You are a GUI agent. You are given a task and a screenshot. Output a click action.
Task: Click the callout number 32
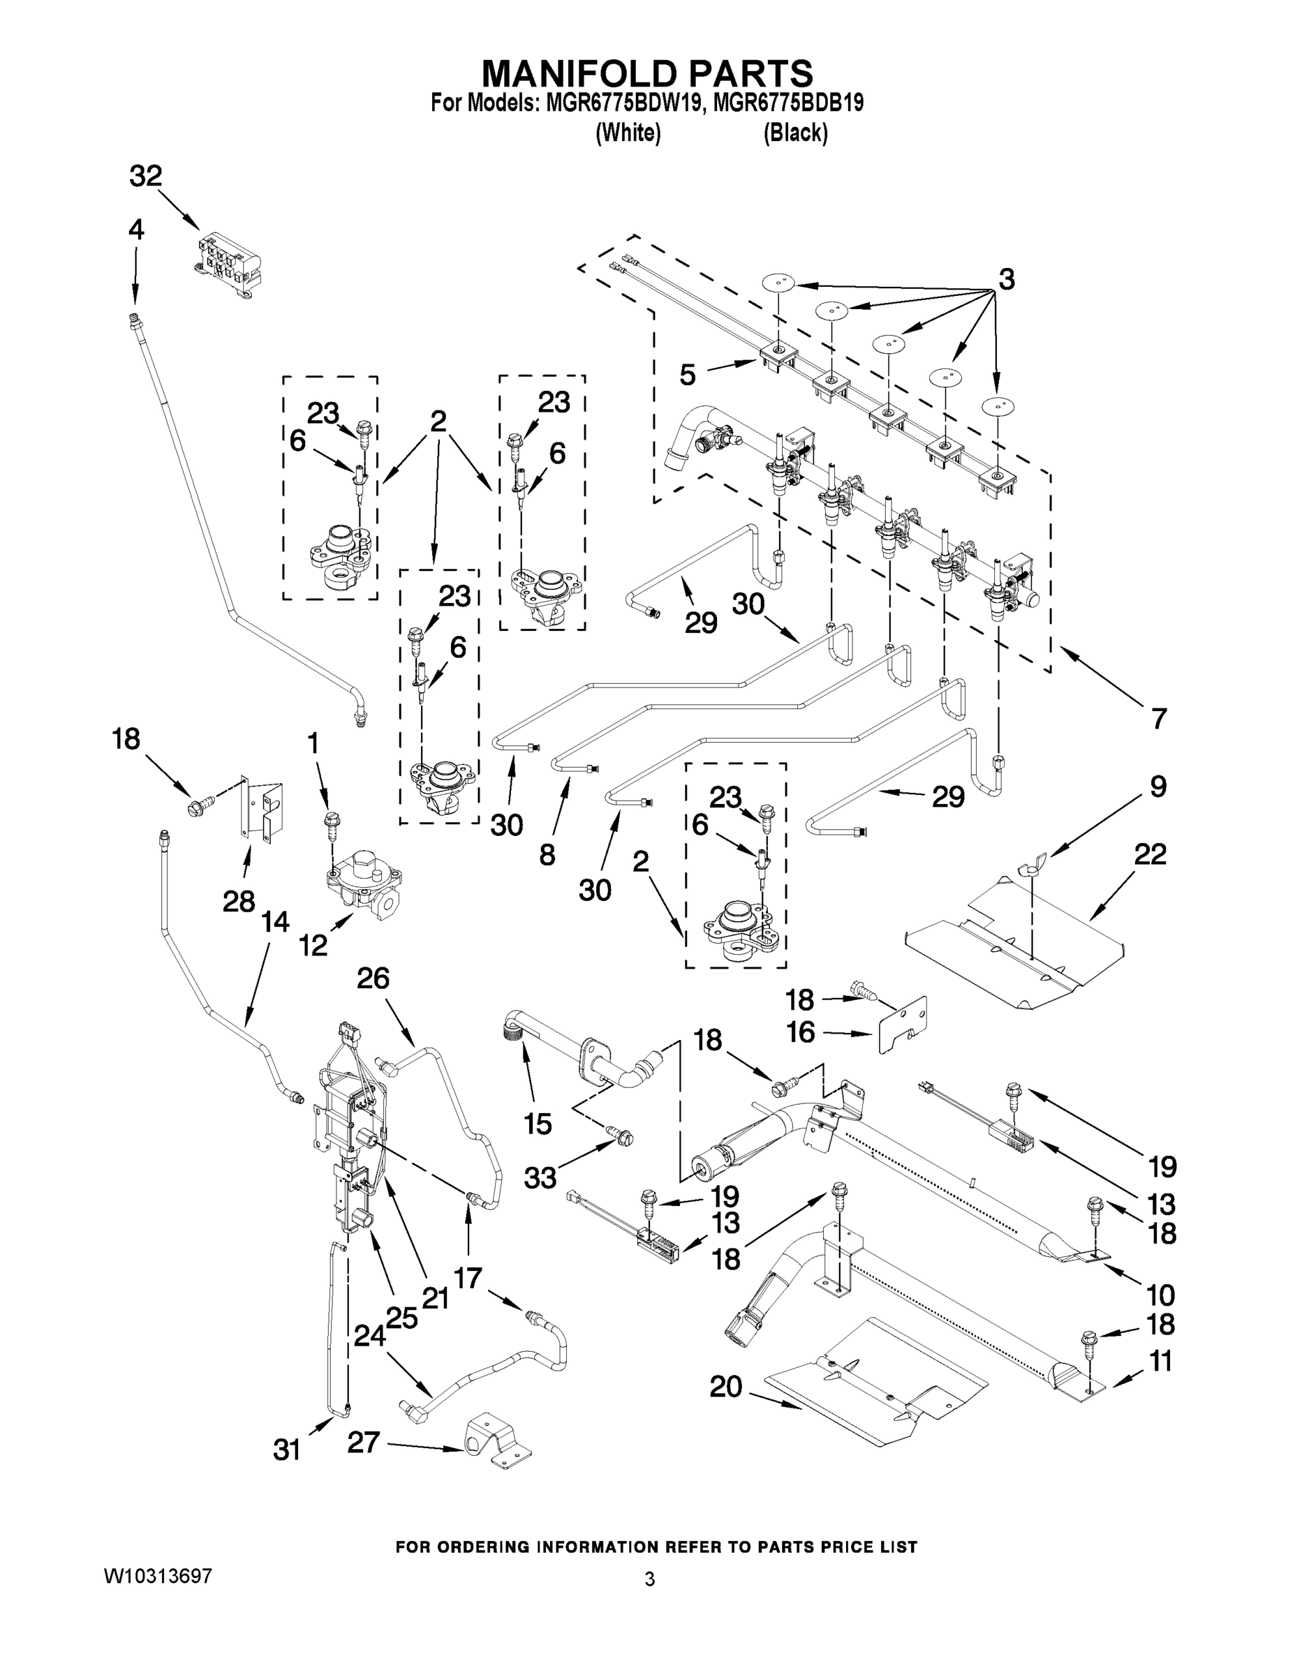[x=145, y=177]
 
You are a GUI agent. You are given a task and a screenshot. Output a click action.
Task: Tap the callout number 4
[x=136, y=230]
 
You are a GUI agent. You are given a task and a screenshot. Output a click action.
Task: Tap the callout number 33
[x=540, y=1177]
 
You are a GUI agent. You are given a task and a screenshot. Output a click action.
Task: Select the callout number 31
[x=286, y=1450]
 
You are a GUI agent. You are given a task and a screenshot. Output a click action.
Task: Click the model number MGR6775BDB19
[x=788, y=103]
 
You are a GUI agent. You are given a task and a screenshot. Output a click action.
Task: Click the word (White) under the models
[x=628, y=133]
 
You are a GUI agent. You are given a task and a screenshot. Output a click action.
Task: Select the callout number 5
[x=688, y=375]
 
